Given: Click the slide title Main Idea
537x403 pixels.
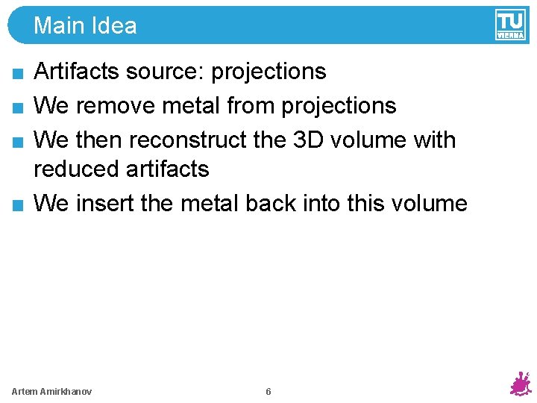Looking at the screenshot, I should pyautogui.click(x=85, y=26).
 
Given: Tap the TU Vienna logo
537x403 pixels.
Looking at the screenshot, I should pyautogui.click(x=510, y=25).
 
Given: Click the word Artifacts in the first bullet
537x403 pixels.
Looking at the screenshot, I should pyautogui.click(x=78, y=72).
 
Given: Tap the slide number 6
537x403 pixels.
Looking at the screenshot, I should pyautogui.click(x=268, y=392).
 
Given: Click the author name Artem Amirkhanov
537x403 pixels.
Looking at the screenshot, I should pyautogui.click(x=52, y=392).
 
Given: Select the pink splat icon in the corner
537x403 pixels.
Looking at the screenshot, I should pyautogui.click(x=520, y=384).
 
